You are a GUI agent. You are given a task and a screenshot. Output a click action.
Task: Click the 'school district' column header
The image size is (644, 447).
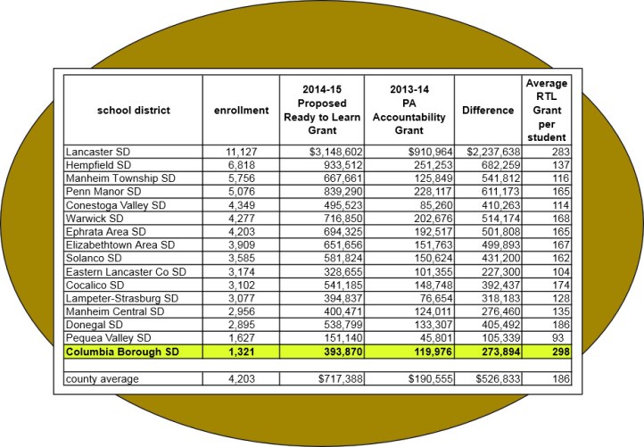pos(134,111)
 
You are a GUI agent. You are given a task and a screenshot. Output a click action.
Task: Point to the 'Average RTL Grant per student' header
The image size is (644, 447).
pos(544,111)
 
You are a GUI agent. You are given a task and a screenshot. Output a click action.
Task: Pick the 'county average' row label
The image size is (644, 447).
pos(101,381)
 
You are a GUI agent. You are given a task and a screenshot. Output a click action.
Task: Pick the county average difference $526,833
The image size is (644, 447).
pos(491,381)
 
